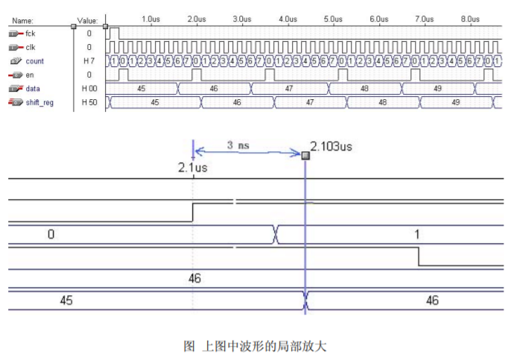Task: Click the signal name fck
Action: tap(31, 34)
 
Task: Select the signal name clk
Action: tap(31, 47)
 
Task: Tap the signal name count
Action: tap(34, 60)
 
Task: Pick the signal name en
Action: tap(30, 74)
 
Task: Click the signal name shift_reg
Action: tap(39, 101)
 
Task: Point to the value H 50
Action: tap(89, 101)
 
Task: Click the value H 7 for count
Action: tap(89, 60)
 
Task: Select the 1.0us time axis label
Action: tap(150, 18)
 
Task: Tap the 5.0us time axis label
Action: tap(333, 18)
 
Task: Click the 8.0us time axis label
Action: tap(470, 18)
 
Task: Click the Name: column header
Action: tap(23, 20)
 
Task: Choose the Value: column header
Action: tap(88, 20)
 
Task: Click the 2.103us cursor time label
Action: tap(331, 147)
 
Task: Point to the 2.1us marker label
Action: tap(192, 168)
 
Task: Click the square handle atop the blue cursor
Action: tap(305, 155)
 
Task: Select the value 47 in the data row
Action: tap(291, 88)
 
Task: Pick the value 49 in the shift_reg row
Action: tap(455, 101)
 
